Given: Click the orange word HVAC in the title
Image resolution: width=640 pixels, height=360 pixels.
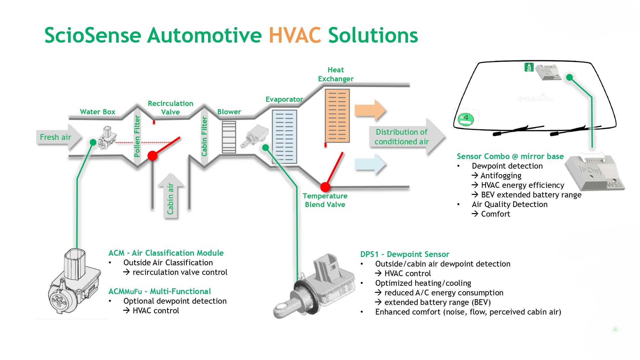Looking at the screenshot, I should (x=295, y=35).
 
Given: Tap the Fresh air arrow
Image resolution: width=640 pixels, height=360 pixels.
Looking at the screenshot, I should (x=58, y=137).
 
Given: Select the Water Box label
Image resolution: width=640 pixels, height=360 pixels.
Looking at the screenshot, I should (x=97, y=112).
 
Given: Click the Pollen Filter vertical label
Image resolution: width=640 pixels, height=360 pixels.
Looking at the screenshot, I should (x=137, y=136).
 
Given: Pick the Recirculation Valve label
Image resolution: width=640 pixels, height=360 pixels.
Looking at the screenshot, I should (x=170, y=108).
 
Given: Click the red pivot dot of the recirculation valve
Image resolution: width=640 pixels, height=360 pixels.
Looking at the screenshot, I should (x=152, y=156).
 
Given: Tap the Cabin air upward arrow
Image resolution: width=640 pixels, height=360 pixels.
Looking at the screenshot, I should (x=170, y=197).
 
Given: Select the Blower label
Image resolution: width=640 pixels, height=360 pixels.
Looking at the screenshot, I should (x=229, y=112).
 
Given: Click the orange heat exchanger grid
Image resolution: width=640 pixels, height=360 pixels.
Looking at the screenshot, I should (x=337, y=116).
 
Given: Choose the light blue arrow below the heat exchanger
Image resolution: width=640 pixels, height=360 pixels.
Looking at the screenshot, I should (x=370, y=164).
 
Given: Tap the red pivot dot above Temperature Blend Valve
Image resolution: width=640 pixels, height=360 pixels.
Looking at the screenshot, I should (x=325, y=187).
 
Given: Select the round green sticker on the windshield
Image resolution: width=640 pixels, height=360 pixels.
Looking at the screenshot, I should (x=466, y=119).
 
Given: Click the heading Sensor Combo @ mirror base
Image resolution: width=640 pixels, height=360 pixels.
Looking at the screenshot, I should (x=510, y=156).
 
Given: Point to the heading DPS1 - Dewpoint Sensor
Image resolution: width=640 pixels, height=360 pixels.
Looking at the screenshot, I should (x=404, y=254).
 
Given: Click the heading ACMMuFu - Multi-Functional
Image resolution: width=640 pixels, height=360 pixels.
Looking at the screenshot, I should (x=159, y=292).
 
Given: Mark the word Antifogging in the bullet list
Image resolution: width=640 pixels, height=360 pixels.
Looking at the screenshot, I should (x=501, y=176).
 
